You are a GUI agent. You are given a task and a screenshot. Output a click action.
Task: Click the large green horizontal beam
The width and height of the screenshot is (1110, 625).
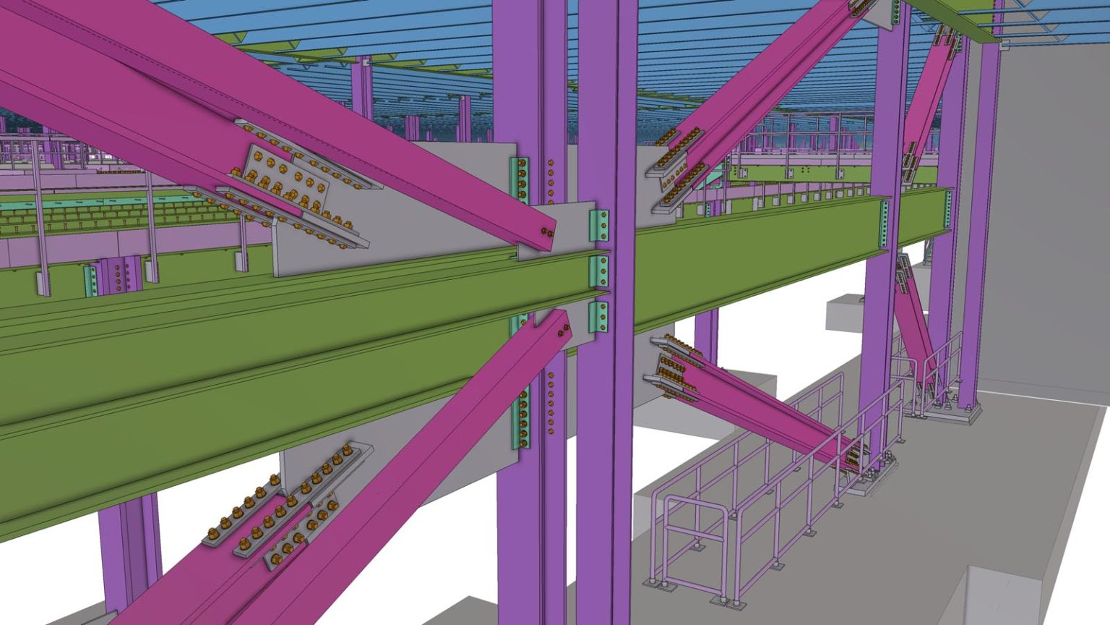pyautogui.click(x=289, y=362)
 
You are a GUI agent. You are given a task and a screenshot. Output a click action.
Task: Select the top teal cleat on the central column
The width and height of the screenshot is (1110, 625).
pyautogui.click(x=599, y=225)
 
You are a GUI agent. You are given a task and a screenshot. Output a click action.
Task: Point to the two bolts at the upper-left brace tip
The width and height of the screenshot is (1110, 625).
pyautogui.click(x=546, y=233)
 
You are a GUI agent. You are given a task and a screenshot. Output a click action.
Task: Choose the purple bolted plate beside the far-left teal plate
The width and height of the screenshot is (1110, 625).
pyautogui.click(x=120, y=276)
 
